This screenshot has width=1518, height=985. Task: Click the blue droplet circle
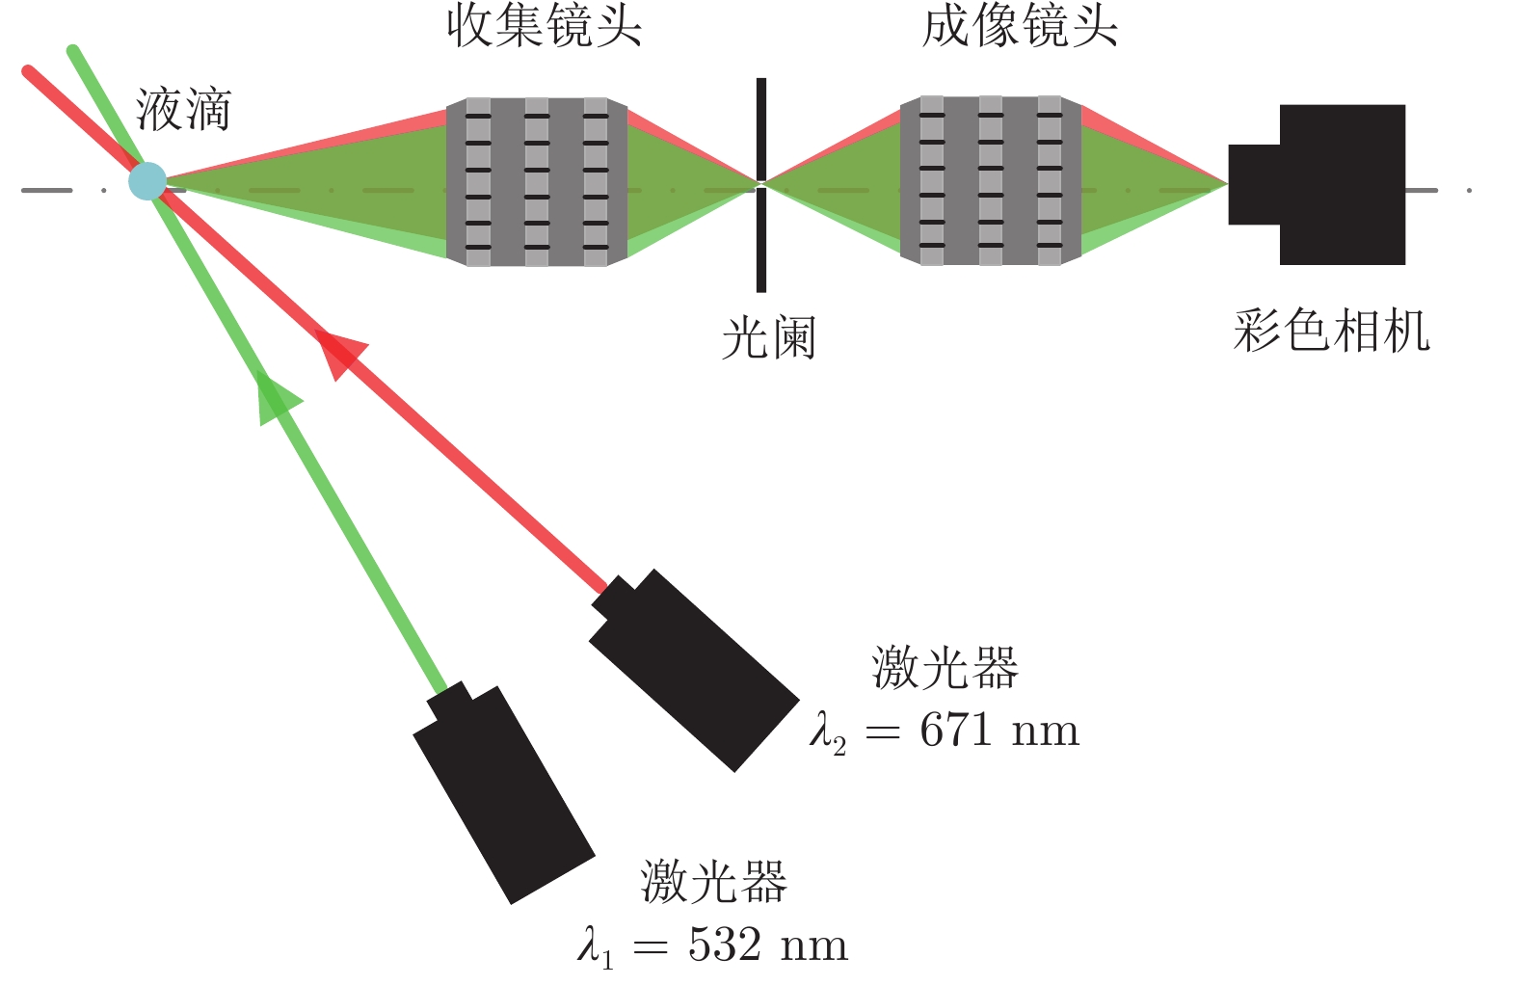click(x=147, y=181)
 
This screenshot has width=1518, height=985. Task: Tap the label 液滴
click(x=183, y=109)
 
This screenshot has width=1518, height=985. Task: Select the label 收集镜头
click(x=544, y=26)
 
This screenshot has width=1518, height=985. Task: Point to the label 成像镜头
click(x=1020, y=26)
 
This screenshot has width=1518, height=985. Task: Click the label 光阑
click(x=768, y=338)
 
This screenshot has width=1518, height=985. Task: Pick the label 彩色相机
click(x=1331, y=332)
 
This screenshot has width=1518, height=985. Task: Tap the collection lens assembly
click(x=537, y=181)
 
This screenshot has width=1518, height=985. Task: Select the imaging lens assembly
click(x=991, y=180)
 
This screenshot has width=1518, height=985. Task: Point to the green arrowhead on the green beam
click(x=277, y=395)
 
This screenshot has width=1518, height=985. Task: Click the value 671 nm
click(x=999, y=731)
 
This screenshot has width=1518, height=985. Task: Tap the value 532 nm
click(x=768, y=945)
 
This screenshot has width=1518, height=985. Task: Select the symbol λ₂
click(x=828, y=732)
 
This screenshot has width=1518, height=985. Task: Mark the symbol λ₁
click(x=596, y=947)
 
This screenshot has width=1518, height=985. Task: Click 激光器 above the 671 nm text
click(x=945, y=667)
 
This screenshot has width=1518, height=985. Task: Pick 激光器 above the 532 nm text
click(x=713, y=882)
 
